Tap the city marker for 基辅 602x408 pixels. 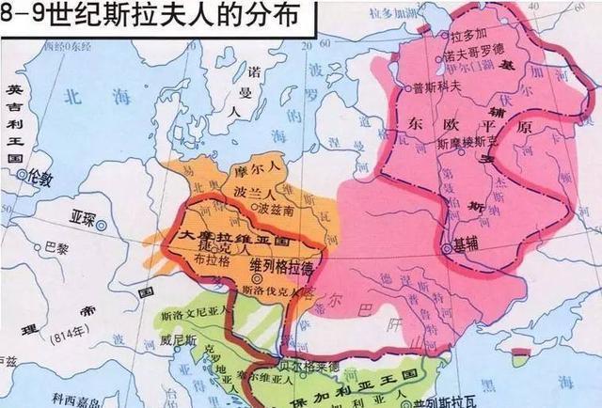[447, 247]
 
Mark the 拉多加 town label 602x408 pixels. [467, 35]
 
